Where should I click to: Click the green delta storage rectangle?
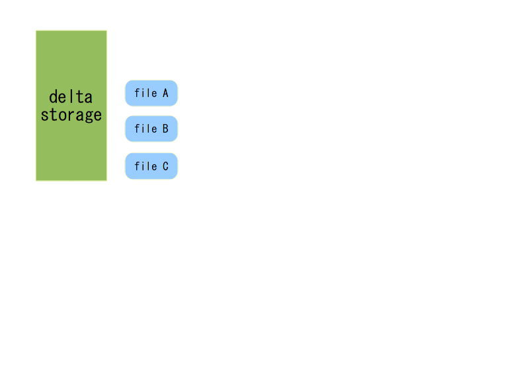71,106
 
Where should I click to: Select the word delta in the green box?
71,97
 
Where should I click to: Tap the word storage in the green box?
71,115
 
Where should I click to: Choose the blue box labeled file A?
151,93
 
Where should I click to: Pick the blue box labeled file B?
151,129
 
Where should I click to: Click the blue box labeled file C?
151,166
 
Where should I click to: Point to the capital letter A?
165,93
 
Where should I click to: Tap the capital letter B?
165,129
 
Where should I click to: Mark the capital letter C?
165,166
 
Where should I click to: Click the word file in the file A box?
145,93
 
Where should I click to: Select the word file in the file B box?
145,128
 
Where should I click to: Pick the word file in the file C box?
145,166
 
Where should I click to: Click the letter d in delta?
54,97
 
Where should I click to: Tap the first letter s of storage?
44,116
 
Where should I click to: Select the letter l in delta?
71,96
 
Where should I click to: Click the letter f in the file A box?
138,93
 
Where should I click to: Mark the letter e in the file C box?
154,167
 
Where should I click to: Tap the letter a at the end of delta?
89,98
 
